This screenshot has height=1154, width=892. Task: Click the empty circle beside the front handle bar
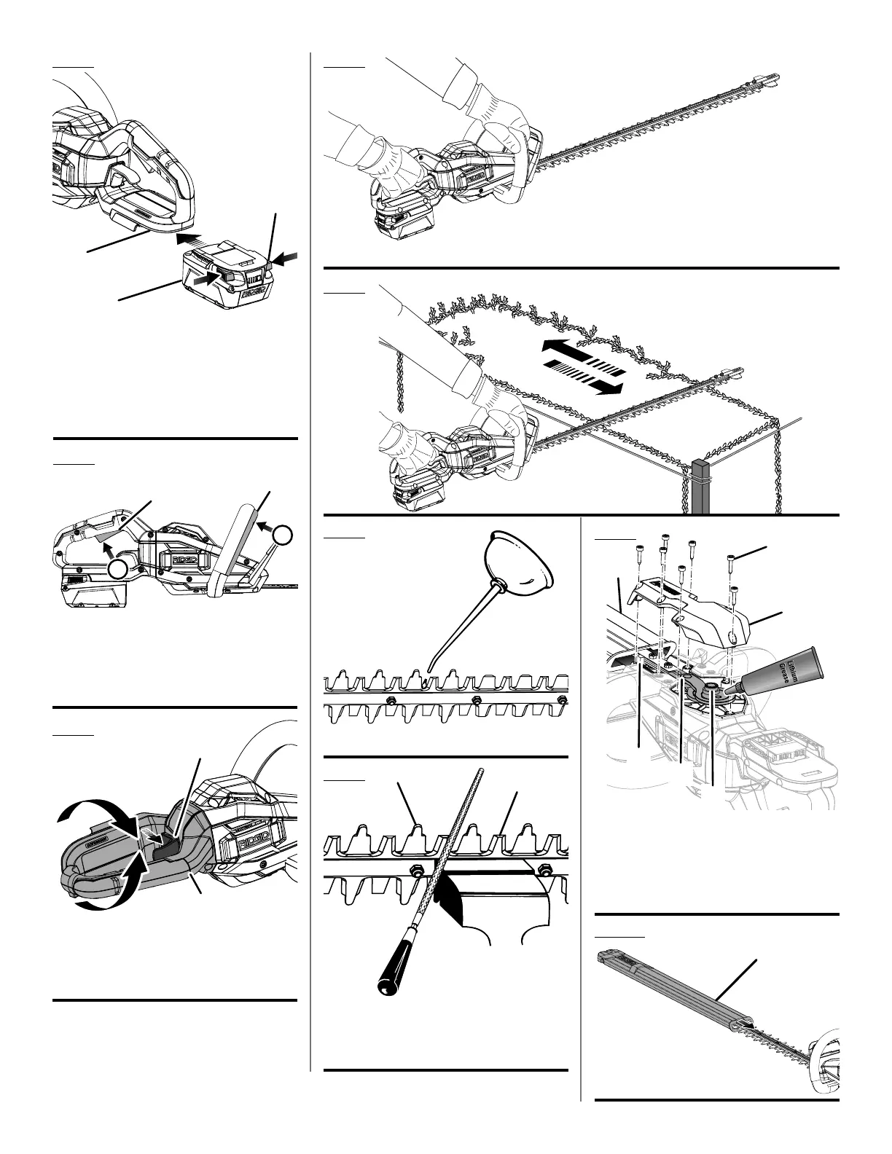pyautogui.click(x=283, y=535)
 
